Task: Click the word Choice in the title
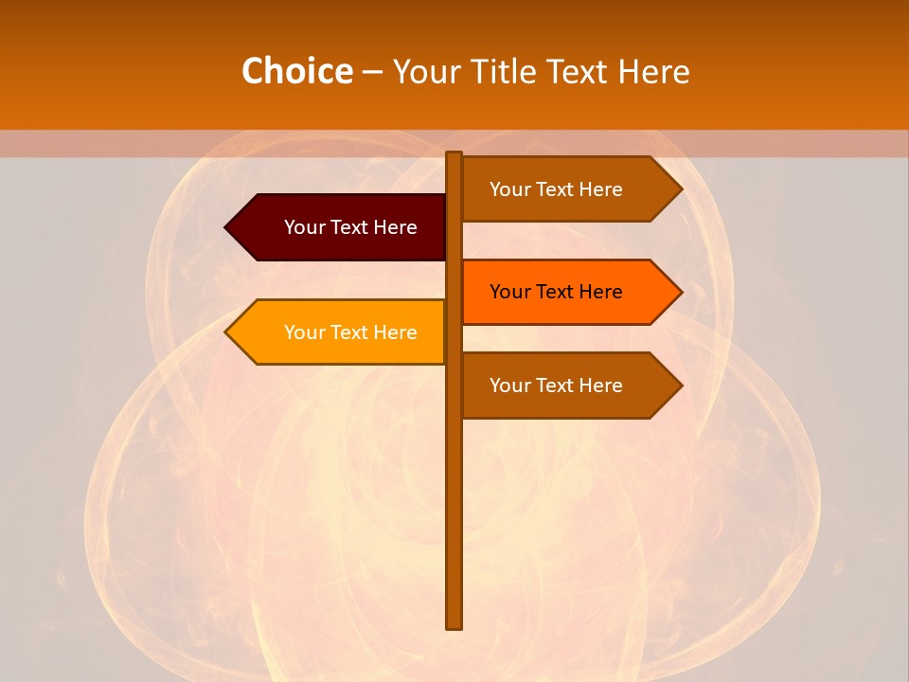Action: click(x=296, y=72)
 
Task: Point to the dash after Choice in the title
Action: click(x=372, y=72)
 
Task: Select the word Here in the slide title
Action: click(x=653, y=72)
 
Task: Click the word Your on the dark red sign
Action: click(x=304, y=227)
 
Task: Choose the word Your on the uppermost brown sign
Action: click(x=509, y=189)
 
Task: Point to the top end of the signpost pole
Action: click(x=454, y=154)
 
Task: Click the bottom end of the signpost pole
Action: click(x=454, y=626)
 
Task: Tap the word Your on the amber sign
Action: click(x=304, y=332)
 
